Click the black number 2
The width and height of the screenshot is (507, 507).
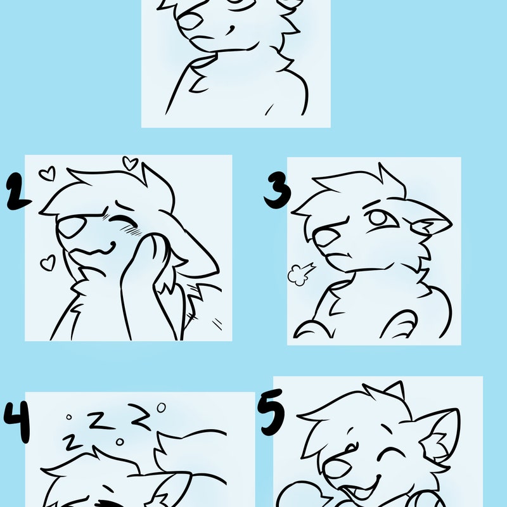coord(18,193)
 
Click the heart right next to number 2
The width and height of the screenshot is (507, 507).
coord(47,173)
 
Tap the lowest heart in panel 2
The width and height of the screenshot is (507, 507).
coord(48,263)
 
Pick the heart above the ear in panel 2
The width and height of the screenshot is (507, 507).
coord(130,164)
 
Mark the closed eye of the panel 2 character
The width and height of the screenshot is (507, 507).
coord(127,221)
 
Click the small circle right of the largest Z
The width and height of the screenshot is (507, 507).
coord(162,406)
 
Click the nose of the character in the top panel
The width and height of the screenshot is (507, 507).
coord(189,22)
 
